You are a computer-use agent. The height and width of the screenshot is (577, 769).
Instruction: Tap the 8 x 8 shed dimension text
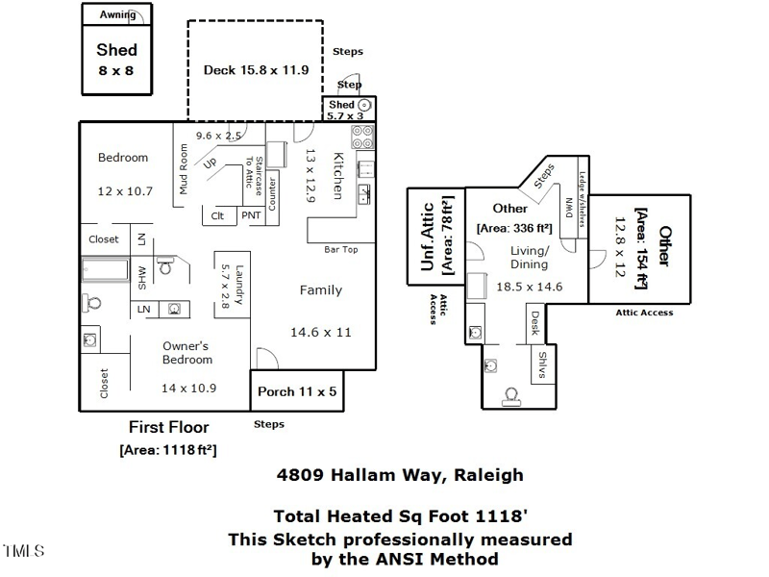tap(116, 70)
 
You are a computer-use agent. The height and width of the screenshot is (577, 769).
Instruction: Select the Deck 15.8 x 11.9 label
tap(256, 70)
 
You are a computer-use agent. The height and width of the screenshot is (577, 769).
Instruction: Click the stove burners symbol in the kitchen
tap(363, 138)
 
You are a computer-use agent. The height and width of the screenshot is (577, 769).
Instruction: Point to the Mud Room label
tap(184, 169)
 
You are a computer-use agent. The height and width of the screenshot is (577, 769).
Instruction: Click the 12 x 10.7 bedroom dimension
tap(125, 191)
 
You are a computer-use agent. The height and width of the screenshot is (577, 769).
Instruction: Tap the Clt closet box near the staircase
tap(218, 216)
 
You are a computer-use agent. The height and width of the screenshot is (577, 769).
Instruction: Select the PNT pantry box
tap(251, 216)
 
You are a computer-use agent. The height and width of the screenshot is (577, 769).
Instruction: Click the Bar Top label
tap(340, 250)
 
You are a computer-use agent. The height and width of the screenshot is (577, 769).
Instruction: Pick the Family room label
tap(320, 289)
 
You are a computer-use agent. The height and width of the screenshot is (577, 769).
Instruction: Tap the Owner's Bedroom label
tap(186, 352)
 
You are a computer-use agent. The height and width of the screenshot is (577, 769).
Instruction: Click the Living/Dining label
tap(529, 258)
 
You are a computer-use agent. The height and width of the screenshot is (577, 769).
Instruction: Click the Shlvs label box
tap(542, 365)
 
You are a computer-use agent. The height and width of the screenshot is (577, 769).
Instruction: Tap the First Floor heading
tap(168, 427)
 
